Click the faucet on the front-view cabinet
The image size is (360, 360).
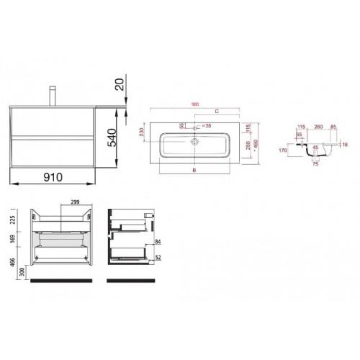tap(52, 95)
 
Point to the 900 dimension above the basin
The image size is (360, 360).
tap(194, 103)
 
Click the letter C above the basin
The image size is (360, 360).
tap(216, 112)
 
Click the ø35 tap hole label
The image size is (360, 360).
tap(207, 126)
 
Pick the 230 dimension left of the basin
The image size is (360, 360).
tap(142, 136)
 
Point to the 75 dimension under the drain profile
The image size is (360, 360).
tap(314, 164)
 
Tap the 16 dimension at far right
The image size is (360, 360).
tap(346, 145)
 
